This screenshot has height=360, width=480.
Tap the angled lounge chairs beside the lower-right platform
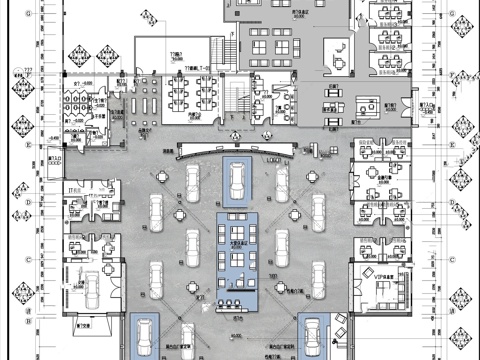(340, 325)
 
